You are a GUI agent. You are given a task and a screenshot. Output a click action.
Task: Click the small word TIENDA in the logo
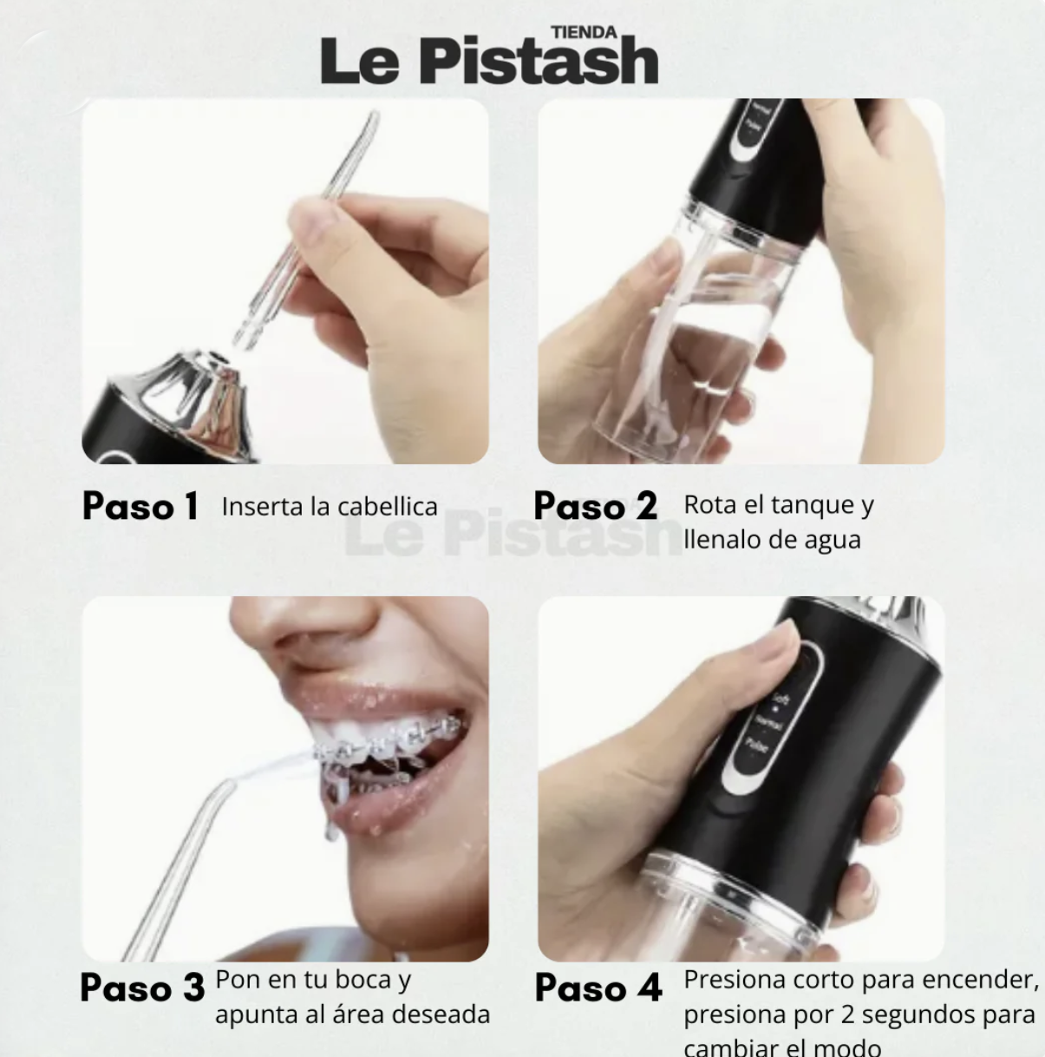(584, 32)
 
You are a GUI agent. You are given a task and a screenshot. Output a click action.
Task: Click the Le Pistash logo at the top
(489, 61)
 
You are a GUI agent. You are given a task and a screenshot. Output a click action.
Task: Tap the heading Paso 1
(140, 507)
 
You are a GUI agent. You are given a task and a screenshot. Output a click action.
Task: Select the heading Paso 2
(595, 507)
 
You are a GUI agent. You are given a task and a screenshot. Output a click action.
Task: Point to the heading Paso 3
(142, 988)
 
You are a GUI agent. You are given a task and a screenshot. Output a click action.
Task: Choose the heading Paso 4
(598, 988)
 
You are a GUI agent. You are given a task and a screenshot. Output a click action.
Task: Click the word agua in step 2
(833, 540)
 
